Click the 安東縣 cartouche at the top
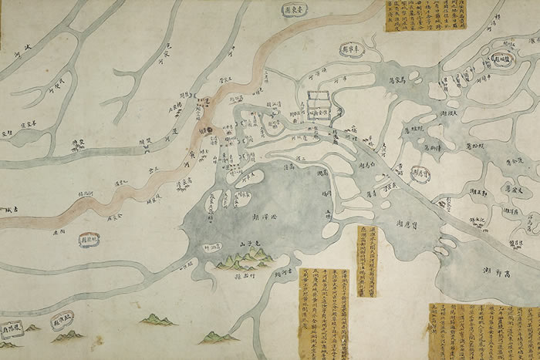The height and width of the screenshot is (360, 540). click(294, 12)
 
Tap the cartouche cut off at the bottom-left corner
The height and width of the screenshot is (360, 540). click(11, 329)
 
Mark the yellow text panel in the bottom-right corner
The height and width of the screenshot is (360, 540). click(484, 331)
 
